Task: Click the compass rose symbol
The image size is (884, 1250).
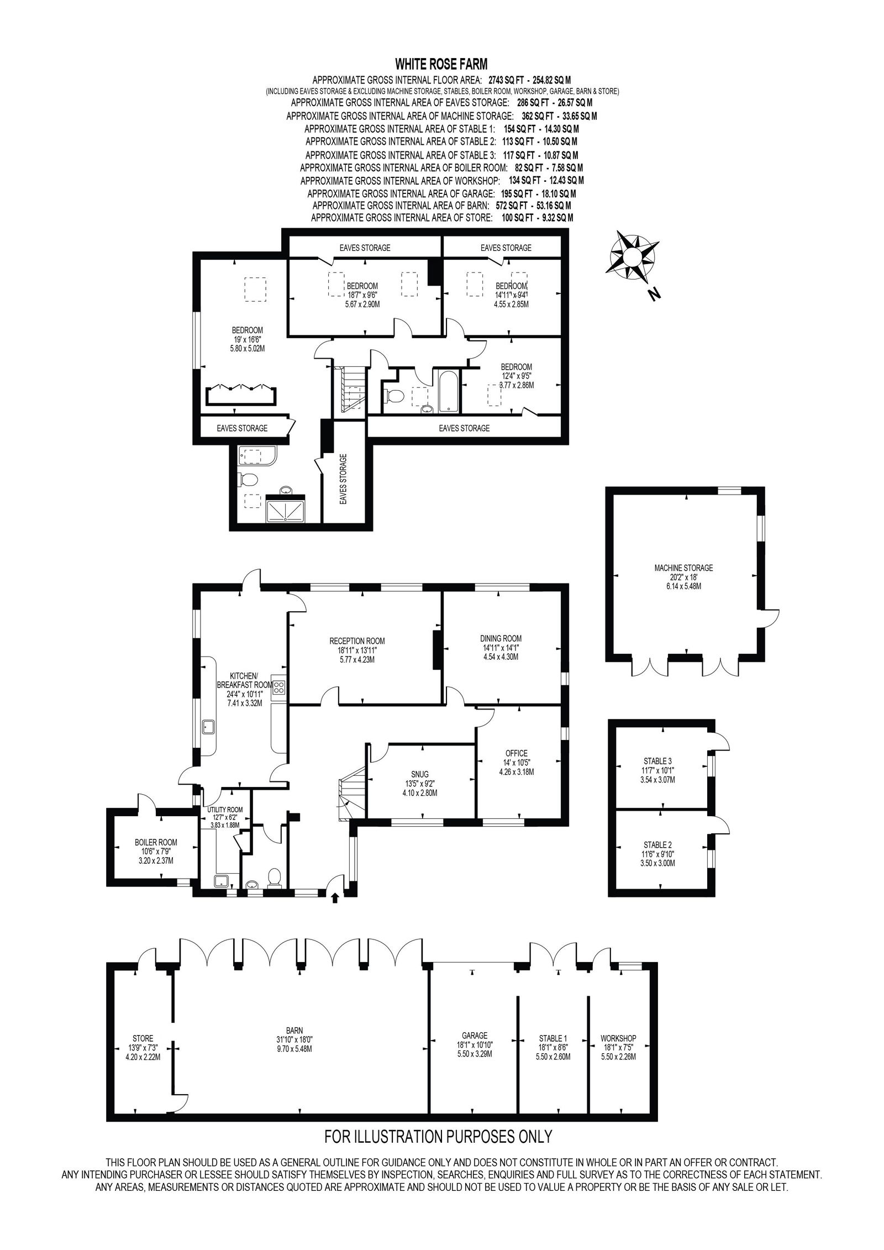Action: pyautogui.click(x=632, y=256)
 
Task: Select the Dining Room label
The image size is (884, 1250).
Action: pyautogui.click(x=501, y=638)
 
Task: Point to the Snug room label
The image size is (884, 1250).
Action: pyautogui.click(x=420, y=774)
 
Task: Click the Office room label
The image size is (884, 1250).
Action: pyautogui.click(x=516, y=753)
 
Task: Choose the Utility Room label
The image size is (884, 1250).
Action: pyautogui.click(x=225, y=810)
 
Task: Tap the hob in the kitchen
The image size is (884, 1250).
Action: pyautogui.click(x=280, y=687)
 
